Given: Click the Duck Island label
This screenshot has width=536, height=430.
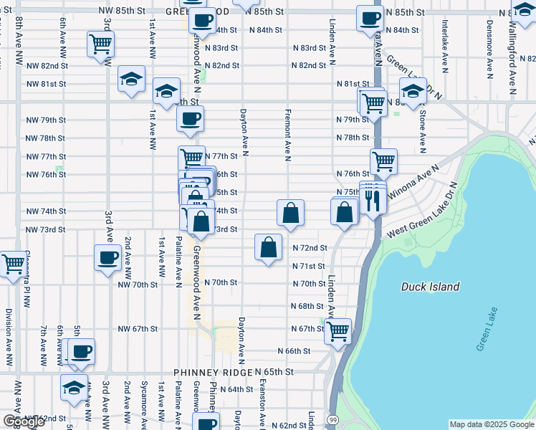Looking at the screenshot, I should click(x=430, y=287).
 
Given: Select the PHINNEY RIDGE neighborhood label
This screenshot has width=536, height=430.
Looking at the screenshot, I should click(x=213, y=373).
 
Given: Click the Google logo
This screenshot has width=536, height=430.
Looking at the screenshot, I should click(x=23, y=421).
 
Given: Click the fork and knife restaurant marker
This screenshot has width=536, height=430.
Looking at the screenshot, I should click(x=372, y=200).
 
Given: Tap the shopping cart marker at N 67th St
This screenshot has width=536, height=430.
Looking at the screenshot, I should click(x=338, y=331).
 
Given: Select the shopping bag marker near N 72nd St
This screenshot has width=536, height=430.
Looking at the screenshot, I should click(x=268, y=247).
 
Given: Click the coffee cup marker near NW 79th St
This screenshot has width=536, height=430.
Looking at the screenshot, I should click(x=190, y=119).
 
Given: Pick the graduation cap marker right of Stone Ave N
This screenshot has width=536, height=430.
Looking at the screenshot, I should click(x=413, y=91).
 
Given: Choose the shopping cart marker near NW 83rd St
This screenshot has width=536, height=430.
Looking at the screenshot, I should click(x=100, y=44).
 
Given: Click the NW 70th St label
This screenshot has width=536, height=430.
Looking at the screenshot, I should click(x=138, y=284).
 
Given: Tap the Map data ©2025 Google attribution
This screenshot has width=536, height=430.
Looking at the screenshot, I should click(x=491, y=424).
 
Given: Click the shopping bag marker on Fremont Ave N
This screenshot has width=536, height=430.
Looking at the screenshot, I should click(x=290, y=213).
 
